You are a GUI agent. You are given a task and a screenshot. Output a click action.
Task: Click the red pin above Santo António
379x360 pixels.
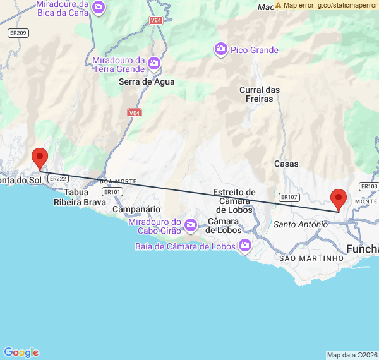point(339,199)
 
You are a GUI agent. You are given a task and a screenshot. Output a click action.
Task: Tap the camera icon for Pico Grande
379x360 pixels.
point(220,49)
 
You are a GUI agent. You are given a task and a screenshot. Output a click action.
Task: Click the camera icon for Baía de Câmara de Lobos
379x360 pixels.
point(244,246)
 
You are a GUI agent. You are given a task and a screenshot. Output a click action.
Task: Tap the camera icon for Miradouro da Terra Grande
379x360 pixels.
point(153,63)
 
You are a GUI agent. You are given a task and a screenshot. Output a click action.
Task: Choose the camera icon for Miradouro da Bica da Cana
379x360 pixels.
point(98,8)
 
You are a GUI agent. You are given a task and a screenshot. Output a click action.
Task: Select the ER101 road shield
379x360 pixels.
point(112,192)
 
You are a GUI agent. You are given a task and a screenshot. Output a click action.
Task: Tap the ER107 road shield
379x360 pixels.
point(288,197)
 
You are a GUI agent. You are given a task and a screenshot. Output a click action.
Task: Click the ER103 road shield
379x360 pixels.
point(369,186)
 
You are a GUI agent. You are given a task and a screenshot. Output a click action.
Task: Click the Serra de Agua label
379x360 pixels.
point(147,81)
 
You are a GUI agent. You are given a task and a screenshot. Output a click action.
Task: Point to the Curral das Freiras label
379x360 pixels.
point(260,94)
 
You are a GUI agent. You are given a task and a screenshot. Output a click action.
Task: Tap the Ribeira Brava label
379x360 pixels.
point(80,203)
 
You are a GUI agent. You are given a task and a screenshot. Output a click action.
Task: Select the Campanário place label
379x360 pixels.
point(136,209)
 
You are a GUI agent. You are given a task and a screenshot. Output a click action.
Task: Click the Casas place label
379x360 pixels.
point(286,164)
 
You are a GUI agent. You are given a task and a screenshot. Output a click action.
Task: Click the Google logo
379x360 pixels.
point(21,352)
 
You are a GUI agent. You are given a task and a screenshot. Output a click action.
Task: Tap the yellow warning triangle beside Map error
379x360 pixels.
point(278,5)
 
